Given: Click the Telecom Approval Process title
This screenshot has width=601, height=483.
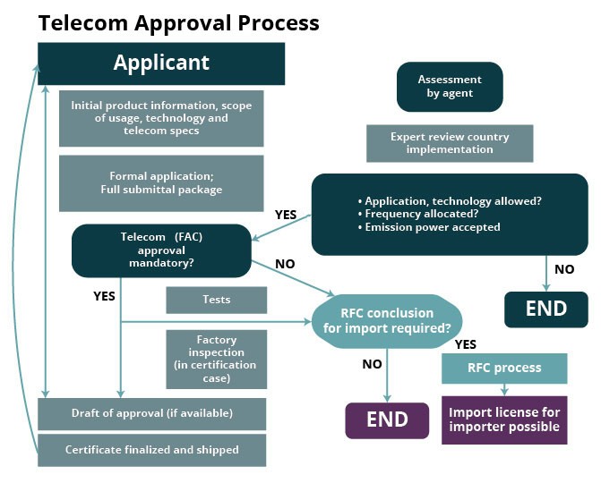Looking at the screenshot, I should coord(178,21).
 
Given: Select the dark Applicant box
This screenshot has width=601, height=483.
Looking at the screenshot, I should coord(161,63).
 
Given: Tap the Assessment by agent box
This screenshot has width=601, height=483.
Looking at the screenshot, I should coord(450,87).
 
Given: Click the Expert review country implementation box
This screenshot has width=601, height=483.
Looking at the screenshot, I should coord(450,143).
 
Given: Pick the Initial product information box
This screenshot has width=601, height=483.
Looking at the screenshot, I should coord(161,118).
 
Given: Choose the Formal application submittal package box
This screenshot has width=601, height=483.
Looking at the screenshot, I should coord(161,183).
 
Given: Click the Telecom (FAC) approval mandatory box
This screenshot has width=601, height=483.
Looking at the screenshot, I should coord(161,250).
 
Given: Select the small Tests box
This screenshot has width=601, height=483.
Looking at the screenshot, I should coord(217,300).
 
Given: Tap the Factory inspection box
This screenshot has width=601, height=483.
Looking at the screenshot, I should coord(217,359).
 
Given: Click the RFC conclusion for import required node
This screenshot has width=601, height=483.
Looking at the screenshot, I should coord(386,320).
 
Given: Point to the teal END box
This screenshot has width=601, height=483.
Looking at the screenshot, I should coord(545,309).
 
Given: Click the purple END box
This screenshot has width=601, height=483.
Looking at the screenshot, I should coord(386,419).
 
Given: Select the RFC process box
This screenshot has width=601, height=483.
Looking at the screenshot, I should coord(504,368).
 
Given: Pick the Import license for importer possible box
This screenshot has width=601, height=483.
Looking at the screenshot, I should coord(504,419).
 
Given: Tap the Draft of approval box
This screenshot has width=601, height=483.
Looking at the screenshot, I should coord(152,413).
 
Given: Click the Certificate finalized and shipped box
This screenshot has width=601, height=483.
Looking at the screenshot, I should coord(152,449).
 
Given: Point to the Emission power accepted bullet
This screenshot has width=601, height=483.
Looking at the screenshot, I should coord(433,227).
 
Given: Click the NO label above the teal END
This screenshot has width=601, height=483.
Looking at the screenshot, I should coord(564,269).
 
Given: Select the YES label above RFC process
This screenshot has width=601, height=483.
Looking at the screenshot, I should coord(466,343).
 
